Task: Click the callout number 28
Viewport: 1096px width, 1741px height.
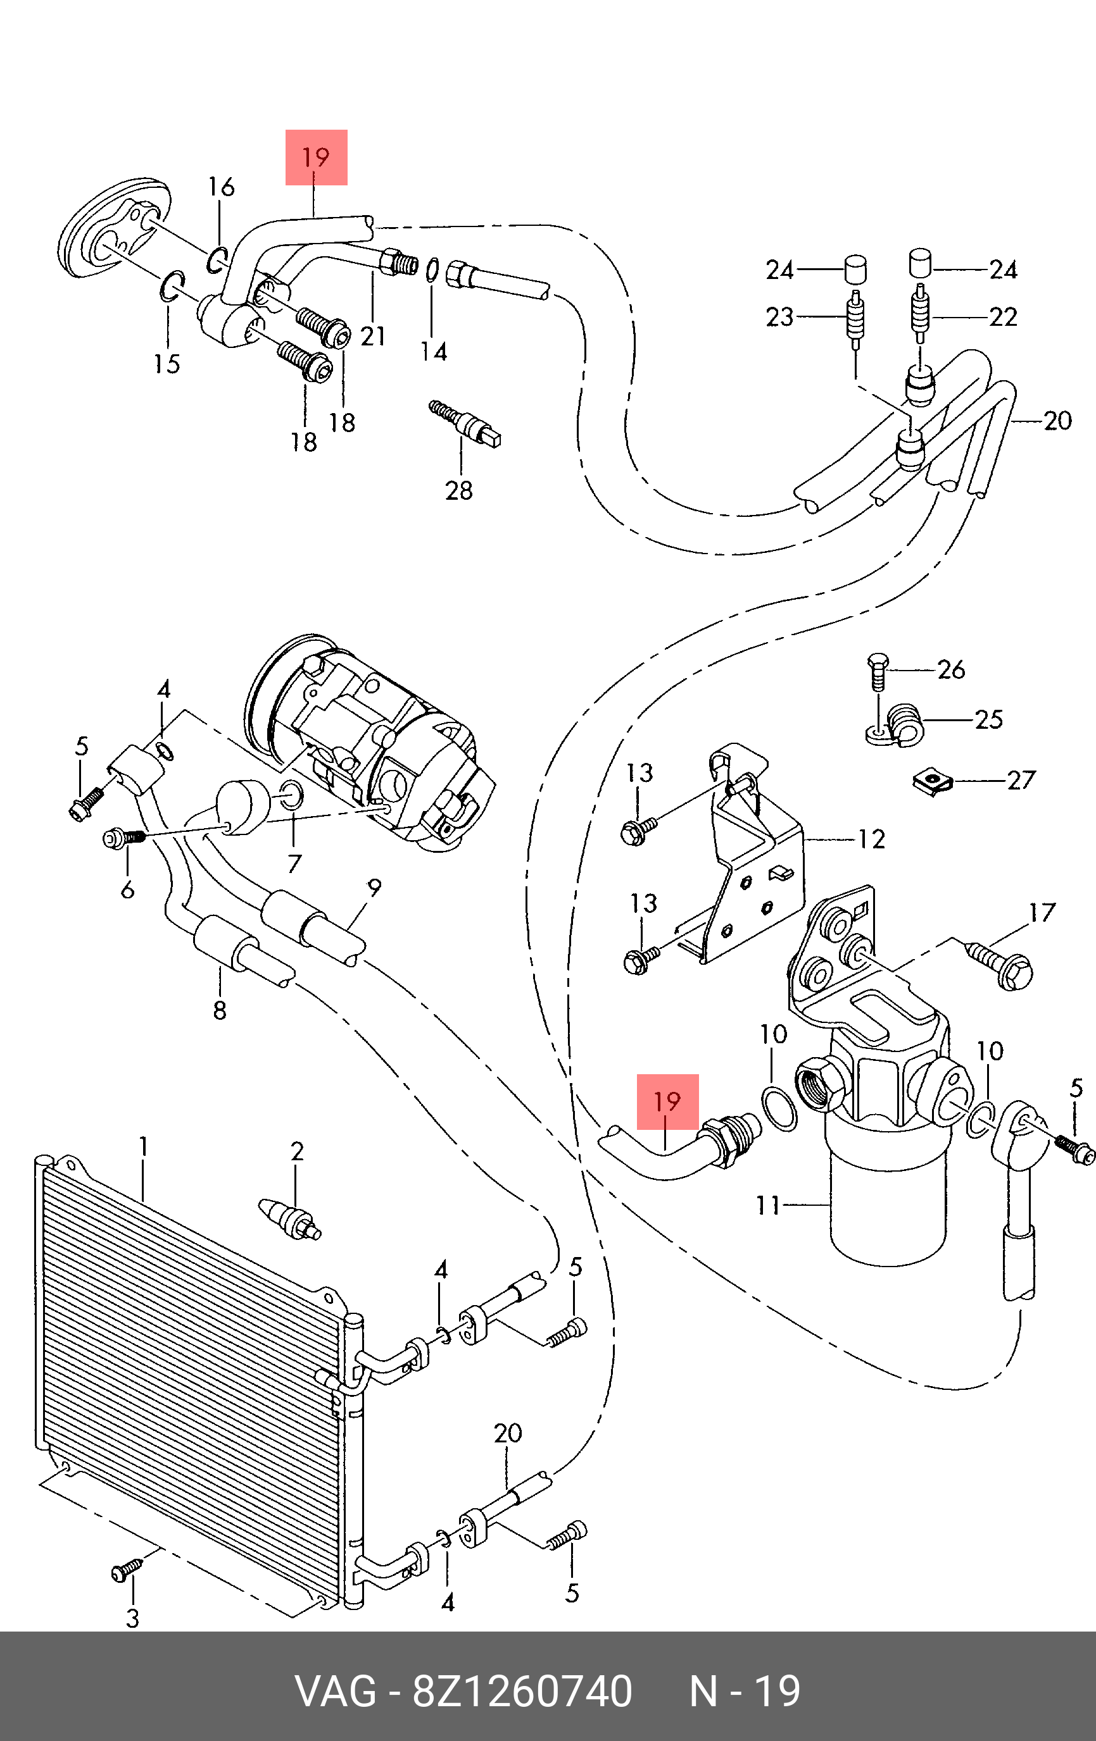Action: coord(458,491)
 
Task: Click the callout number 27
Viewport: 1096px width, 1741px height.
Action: coord(1021,780)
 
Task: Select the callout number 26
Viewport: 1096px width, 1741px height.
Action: coord(951,669)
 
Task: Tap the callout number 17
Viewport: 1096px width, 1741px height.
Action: coord(1042,912)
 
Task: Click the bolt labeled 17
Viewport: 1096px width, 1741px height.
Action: coord(998,962)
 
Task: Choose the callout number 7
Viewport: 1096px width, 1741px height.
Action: coord(294,864)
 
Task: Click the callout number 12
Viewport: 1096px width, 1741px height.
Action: coord(872,839)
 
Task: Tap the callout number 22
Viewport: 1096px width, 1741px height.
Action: coord(1004,317)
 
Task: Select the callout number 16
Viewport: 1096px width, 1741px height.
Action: coord(222,187)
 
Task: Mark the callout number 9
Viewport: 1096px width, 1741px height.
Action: coord(374,888)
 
